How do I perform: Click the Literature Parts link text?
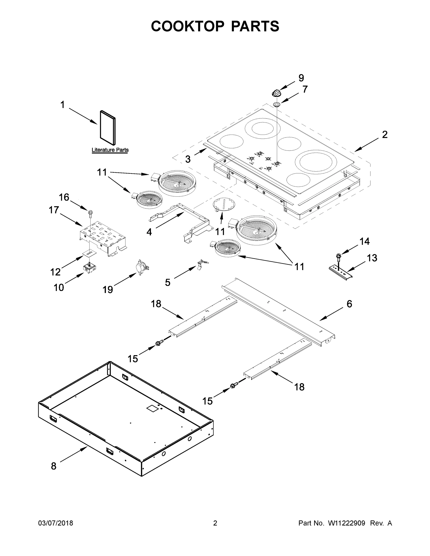pyautogui.click(x=110, y=150)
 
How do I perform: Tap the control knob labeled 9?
pyautogui.click(x=276, y=93)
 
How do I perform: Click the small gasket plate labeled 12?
pyautogui.click(x=89, y=253)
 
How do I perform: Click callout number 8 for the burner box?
pyautogui.click(x=54, y=466)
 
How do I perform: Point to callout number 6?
pyautogui.click(x=349, y=304)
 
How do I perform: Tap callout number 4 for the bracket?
pyautogui.click(x=149, y=232)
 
